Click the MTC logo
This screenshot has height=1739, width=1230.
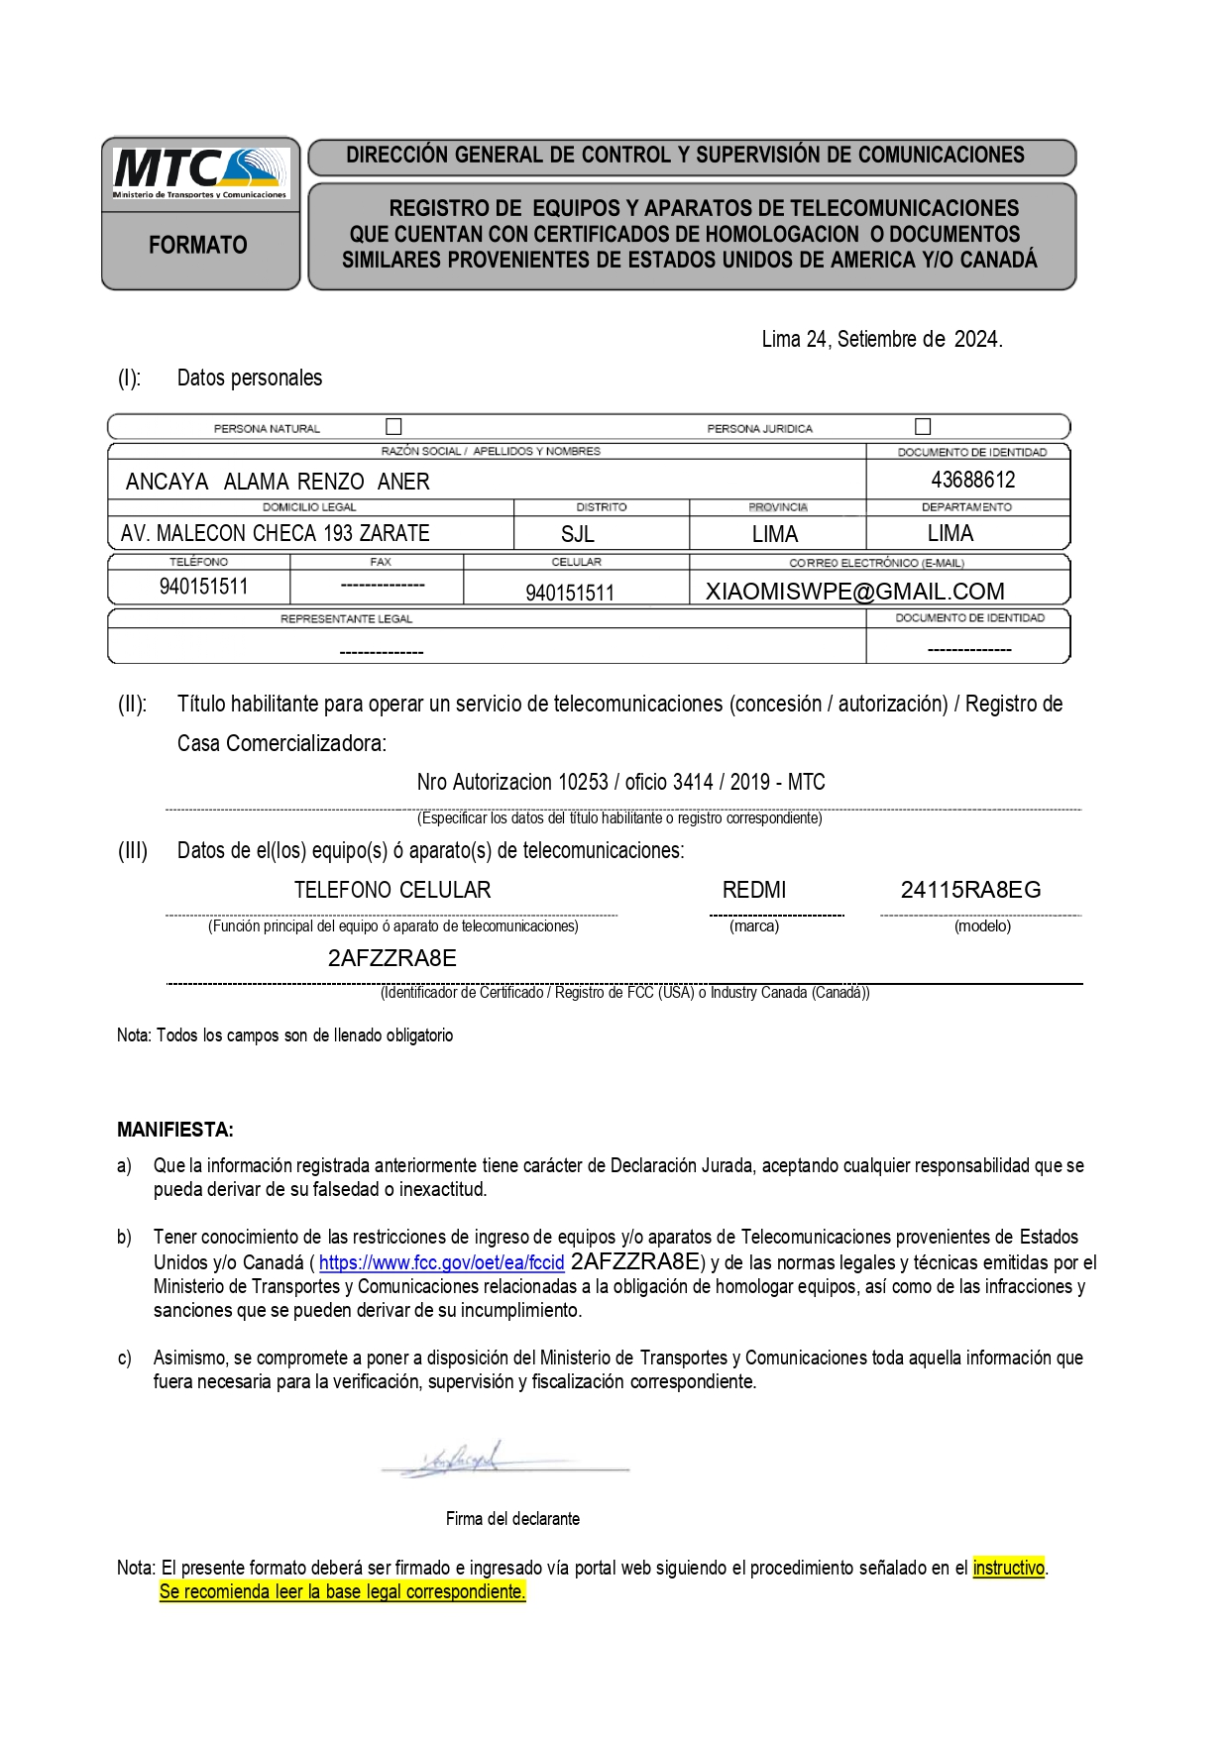(200, 172)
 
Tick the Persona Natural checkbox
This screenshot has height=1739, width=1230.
(393, 427)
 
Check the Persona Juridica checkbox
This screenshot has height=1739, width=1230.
(923, 427)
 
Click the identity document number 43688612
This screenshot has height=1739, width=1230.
(972, 481)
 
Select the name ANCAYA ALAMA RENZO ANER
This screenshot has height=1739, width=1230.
(278, 483)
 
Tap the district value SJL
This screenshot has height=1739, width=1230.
(578, 535)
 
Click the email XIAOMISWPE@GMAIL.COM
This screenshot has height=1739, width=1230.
(854, 592)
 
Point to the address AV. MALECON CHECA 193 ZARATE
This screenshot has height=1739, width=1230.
(276, 534)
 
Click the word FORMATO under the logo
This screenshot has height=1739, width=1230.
(198, 245)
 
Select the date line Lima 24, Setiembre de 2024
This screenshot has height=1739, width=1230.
(881, 340)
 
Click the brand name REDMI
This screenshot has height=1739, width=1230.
(754, 890)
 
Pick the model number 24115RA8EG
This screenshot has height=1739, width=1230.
(970, 890)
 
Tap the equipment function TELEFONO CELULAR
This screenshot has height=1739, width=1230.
(392, 890)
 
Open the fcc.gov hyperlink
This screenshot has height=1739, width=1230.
(441, 1263)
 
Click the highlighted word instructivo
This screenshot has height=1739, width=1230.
(1008, 1568)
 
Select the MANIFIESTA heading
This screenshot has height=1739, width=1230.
(175, 1130)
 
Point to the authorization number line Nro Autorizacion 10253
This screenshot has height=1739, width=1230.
(620, 783)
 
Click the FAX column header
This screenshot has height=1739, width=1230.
(381, 562)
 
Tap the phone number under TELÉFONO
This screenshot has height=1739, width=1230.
(203, 587)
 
